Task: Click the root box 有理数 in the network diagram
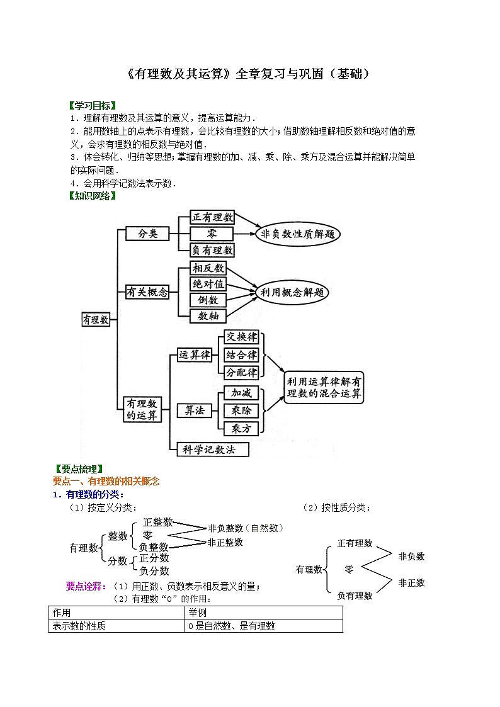(x=96, y=319)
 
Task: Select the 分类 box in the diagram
(x=147, y=234)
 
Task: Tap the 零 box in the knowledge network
(x=212, y=234)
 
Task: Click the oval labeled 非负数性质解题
(x=298, y=234)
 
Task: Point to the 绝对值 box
(x=208, y=284)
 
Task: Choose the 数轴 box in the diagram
(x=208, y=315)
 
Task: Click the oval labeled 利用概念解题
(x=293, y=292)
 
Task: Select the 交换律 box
(x=241, y=337)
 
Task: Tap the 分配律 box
(x=241, y=372)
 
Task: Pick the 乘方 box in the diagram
(x=241, y=428)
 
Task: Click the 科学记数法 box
(x=213, y=449)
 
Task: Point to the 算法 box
(x=195, y=410)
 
